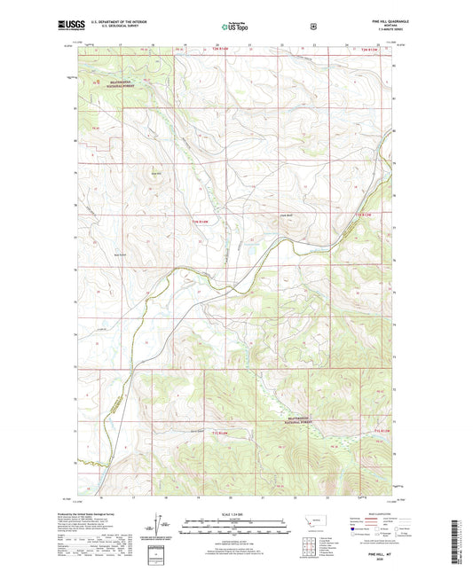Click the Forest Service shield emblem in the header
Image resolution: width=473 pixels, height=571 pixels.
point(312,27)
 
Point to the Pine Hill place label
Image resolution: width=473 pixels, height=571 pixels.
point(156,173)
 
